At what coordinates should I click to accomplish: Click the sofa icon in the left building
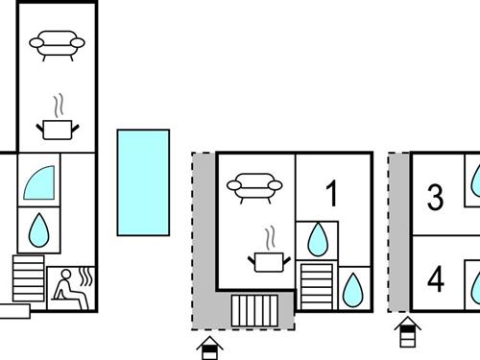pyautogui.click(x=57, y=44)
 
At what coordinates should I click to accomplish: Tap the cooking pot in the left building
pyautogui.click(x=57, y=126)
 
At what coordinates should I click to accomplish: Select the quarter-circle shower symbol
pyautogui.click(x=38, y=180)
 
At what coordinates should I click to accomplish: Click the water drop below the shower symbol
pyautogui.click(x=38, y=229)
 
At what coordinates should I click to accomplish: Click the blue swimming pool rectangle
pyautogui.click(x=143, y=182)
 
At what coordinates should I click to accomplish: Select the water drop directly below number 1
pyautogui.click(x=317, y=239)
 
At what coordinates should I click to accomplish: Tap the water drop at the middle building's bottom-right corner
pyautogui.click(x=353, y=288)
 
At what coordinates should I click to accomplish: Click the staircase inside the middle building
pyautogui.click(x=316, y=284)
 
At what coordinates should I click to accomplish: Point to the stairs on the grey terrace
pyautogui.click(x=254, y=311)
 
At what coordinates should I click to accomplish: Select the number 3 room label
pyautogui.click(x=436, y=199)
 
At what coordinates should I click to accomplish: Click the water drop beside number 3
pyautogui.click(x=474, y=180)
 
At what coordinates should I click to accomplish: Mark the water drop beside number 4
pyautogui.click(x=474, y=285)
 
